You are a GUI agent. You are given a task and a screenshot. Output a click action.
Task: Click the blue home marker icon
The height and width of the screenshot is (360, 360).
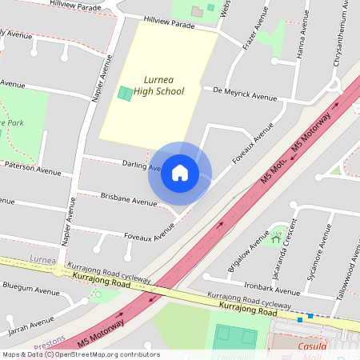coord(180,173)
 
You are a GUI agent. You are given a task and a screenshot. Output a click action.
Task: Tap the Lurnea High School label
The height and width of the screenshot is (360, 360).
coord(158,86)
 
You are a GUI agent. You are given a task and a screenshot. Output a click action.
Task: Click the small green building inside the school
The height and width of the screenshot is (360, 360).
coord(126,93)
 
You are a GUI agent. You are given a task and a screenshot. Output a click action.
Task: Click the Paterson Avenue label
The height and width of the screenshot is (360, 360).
coord(31,171)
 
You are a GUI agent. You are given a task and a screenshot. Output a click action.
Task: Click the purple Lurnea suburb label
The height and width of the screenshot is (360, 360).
coord(43,259)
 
